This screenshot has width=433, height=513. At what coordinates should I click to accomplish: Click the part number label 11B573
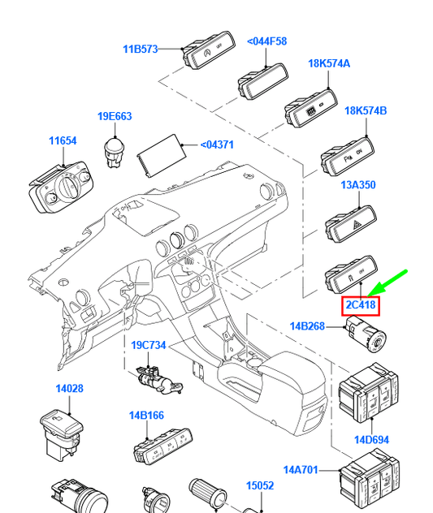141,49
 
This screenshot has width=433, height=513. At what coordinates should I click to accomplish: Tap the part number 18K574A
329,63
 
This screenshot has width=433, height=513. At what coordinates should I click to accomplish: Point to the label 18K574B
366,111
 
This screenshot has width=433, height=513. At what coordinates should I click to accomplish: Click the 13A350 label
357,185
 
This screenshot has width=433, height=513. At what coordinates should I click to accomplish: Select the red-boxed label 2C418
361,305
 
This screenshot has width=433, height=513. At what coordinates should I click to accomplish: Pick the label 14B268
308,327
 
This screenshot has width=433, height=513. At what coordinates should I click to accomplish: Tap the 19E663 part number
115,116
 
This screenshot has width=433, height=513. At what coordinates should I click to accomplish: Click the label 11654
62,140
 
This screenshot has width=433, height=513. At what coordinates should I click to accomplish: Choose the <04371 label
217,145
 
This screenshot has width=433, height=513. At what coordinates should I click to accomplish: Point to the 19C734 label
149,345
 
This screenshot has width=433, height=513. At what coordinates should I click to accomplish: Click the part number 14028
69,389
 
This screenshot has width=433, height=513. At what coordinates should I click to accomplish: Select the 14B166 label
146,416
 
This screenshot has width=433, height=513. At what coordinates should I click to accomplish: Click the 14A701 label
301,469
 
